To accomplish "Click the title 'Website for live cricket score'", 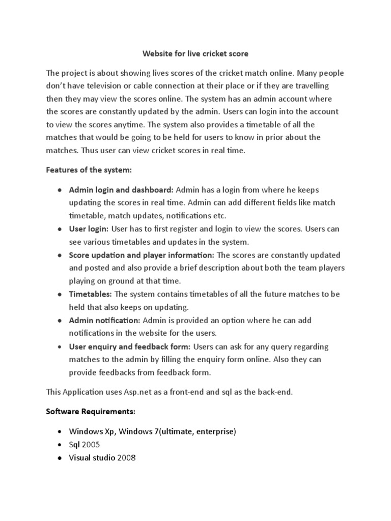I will coord(195,53).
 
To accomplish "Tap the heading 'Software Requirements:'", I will coord(90,411).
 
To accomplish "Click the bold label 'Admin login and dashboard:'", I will coord(121,190).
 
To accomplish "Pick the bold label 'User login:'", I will coord(89,229).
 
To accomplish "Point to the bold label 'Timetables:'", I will coord(91,294).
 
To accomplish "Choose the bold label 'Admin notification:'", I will coord(104,321).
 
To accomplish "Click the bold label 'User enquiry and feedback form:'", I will coord(129,346).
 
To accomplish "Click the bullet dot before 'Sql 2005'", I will coord(60,445).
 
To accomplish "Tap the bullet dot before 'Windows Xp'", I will coord(60,431).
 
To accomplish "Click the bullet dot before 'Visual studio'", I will coord(60,458).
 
